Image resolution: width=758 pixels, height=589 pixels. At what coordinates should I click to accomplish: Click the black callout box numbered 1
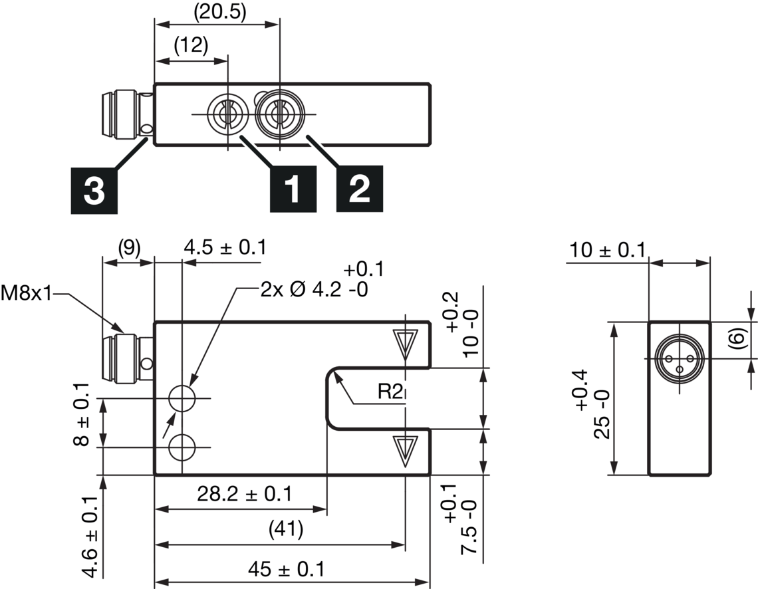coord(293,189)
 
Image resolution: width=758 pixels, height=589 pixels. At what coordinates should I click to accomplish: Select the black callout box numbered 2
coord(360,188)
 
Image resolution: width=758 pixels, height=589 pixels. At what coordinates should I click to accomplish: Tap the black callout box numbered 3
coord(94,190)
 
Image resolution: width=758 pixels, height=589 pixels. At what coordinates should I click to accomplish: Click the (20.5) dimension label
coord(220,13)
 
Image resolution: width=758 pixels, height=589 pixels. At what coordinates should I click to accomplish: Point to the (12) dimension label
coord(191,45)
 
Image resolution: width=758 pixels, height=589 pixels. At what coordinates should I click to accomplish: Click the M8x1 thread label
coord(26,293)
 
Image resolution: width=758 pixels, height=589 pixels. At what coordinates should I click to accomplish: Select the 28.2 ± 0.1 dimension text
coord(245,494)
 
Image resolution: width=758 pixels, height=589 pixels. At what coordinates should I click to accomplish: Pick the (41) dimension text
coord(286,529)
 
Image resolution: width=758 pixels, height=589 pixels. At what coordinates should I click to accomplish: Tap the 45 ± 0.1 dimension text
coord(287,569)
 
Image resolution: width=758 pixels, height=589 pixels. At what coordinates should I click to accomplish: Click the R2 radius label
coord(390,392)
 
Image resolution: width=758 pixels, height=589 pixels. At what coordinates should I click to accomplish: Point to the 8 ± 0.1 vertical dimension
coord(82,415)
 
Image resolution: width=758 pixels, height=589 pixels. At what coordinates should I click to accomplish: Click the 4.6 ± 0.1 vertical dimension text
coord(92,536)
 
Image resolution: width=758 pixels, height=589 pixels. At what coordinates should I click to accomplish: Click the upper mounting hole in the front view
coord(182,399)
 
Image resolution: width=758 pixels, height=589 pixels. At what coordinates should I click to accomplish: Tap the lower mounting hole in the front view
coord(182,447)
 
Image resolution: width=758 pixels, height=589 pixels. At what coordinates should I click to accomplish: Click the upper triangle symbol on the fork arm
coord(405,344)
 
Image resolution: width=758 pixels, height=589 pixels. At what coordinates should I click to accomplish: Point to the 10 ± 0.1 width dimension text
coord(607,250)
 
